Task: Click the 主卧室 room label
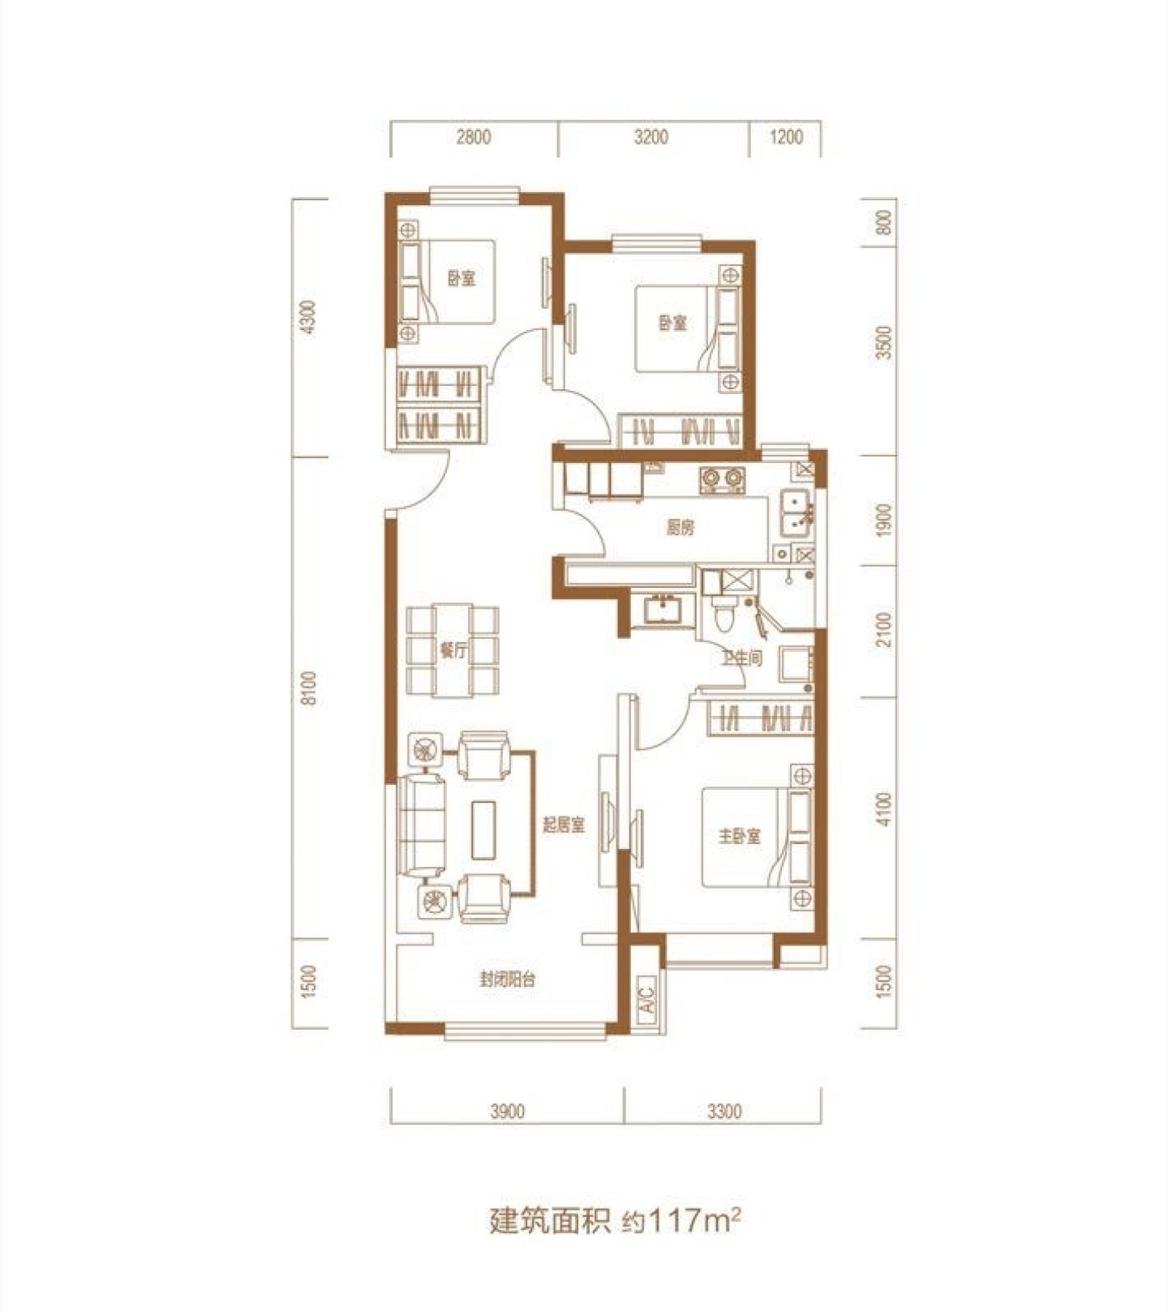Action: point(739,835)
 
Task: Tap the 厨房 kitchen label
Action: point(681,528)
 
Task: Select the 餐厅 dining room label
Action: point(453,650)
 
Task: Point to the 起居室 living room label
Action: point(564,825)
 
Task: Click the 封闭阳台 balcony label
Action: point(508,980)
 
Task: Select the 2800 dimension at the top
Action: point(473,137)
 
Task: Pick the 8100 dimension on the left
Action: point(308,689)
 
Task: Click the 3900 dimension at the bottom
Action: point(507,1111)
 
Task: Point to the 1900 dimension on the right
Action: point(884,519)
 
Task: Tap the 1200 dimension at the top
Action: point(785,137)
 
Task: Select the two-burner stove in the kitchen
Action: point(721,481)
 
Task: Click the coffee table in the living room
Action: point(484,829)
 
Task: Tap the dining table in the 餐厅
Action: point(453,650)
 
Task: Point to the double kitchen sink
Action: point(794,514)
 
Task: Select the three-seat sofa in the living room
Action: point(422,825)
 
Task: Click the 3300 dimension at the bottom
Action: point(724,1111)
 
